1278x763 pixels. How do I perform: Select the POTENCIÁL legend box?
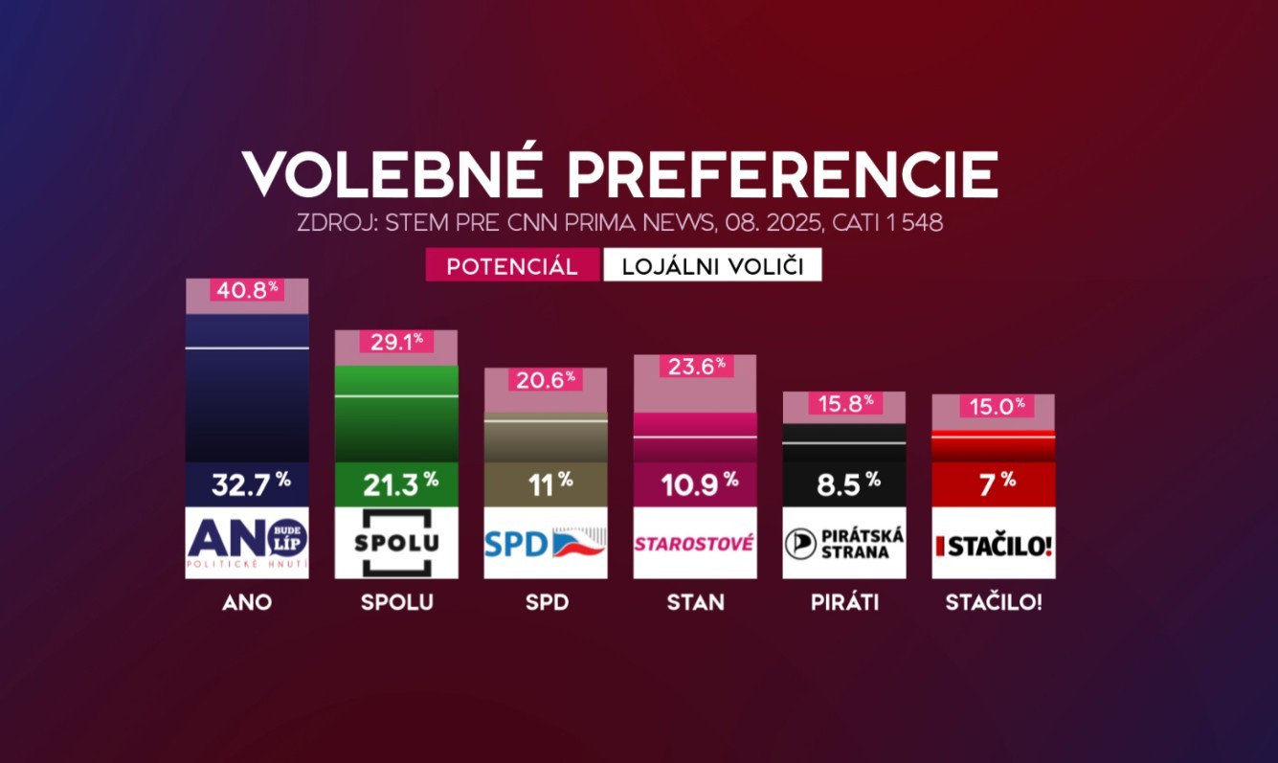pyautogui.click(x=512, y=266)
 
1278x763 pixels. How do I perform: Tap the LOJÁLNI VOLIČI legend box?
pyautogui.click(x=712, y=266)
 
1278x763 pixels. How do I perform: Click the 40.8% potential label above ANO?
pyautogui.click(x=247, y=288)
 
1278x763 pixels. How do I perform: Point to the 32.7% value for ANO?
pyautogui.click(x=247, y=484)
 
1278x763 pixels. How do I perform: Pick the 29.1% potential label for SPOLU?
pyautogui.click(x=396, y=341)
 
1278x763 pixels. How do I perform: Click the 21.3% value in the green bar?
pyautogui.click(x=396, y=484)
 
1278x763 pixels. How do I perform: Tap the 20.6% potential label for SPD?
pyautogui.click(x=546, y=378)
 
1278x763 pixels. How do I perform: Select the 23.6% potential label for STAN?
pyautogui.click(x=695, y=365)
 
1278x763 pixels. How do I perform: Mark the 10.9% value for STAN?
pyautogui.click(x=695, y=484)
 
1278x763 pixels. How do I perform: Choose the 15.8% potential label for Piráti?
pyautogui.click(x=844, y=403)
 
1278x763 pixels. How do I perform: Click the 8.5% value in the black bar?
pyautogui.click(x=844, y=484)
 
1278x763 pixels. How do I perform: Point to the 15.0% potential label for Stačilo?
pyautogui.click(x=994, y=406)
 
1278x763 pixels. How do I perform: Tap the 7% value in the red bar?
pyautogui.click(x=994, y=484)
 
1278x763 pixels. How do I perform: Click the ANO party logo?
pyautogui.click(x=247, y=543)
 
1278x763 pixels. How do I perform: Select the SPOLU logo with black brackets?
pyautogui.click(x=396, y=543)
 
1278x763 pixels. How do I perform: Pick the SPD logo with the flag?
pyautogui.click(x=546, y=543)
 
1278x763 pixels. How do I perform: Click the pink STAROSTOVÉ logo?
pyautogui.click(x=695, y=543)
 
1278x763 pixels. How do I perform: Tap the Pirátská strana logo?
pyautogui.click(x=844, y=543)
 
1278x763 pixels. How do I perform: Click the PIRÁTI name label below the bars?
pyautogui.click(x=844, y=603)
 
